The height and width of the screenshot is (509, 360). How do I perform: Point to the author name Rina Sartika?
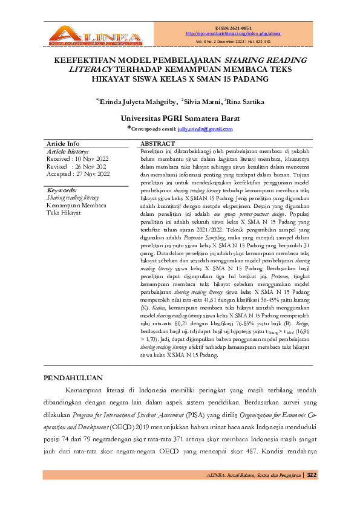click(245, 102)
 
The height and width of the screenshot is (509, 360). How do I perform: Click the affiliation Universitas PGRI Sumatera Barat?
click(180, 118)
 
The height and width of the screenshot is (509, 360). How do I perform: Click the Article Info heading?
click(63, 143)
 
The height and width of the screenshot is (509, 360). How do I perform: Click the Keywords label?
click(62, 190)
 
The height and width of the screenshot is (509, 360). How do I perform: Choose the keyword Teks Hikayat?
click(65, 213)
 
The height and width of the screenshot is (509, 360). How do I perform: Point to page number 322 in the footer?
click(312, 475)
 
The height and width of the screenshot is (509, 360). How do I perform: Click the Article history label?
click(68, 151)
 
